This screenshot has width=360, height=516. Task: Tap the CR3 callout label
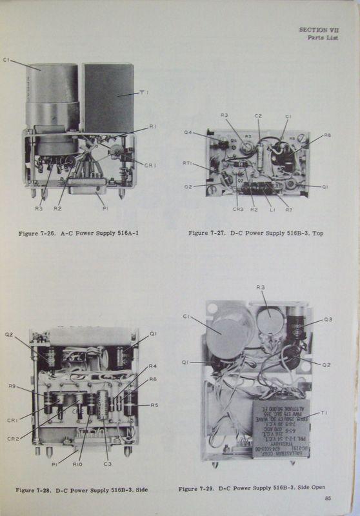(237, 209)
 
